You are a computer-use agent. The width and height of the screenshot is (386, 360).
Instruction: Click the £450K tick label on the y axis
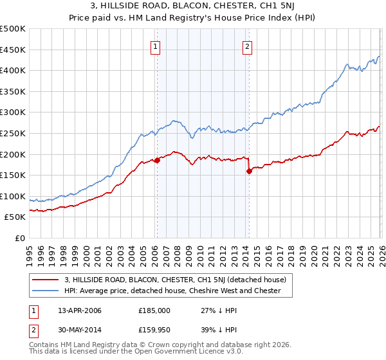13,50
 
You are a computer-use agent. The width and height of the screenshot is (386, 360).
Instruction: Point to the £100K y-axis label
13,196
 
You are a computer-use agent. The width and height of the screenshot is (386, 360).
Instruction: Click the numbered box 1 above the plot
156,46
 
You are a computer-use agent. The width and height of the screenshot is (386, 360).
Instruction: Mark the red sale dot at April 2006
157,161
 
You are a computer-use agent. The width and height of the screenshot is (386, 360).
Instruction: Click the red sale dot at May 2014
249,171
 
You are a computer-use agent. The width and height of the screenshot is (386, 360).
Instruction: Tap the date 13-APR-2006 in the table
75,310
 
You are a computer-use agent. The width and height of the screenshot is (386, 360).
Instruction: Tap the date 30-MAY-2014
75,330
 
